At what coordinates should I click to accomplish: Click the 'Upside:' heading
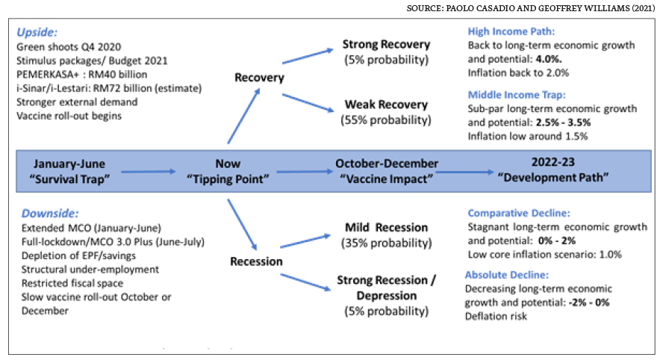click(x=37, y=32)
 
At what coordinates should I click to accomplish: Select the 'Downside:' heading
click(x=50, y=213)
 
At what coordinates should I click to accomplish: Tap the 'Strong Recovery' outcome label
click(x=386, y=44)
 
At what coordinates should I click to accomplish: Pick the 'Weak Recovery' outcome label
click(x=386, y=105)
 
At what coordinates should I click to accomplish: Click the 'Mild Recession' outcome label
click(x=386, y=228)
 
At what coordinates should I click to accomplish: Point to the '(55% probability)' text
click(x=386, y=120)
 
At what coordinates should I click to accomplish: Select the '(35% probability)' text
click(x=387, y=243)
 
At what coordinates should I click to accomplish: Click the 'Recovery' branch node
click(x=259, y=78)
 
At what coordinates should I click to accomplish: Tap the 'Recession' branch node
click(x=256, y=261)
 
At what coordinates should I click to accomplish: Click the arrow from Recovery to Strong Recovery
click(x=308, y=56)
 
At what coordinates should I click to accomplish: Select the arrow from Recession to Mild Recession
click(x=305, y=240)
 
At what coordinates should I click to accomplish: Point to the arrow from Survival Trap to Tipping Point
click(x=149, y=171)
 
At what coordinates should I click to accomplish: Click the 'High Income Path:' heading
click(x=511, y=31)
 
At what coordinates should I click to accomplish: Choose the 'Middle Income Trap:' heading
click(x=516, y=95)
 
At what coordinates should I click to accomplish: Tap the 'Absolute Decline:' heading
click(x=506, y=275)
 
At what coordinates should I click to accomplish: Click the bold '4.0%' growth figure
click(x=549, y=59)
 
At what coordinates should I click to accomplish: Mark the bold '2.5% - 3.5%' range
click(x=563, y=122)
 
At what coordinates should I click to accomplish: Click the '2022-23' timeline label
click(x=553, y=162)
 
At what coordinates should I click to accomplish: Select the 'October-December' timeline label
click(x=387, y=164)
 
